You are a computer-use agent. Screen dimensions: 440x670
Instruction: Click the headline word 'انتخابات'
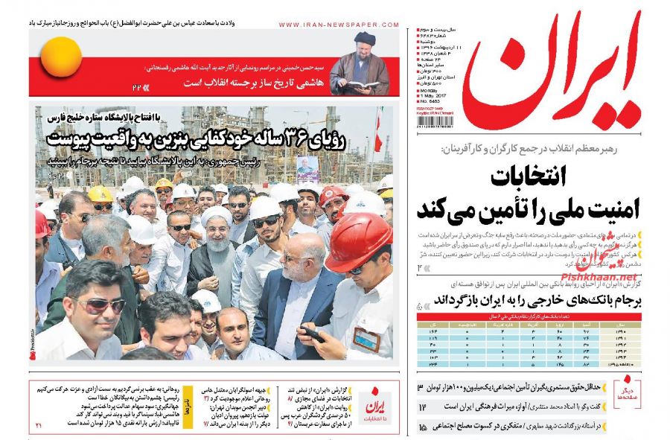pyautogui.click(x=528, y=178)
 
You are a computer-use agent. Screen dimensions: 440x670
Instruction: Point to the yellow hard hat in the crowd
pyautogui.click(x=99, y=194)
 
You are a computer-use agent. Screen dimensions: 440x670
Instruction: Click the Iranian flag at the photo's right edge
pyautogui.click(x=379, y=130)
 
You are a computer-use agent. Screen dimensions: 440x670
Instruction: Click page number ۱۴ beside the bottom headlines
pyautogui.click(x=421, y=407)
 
